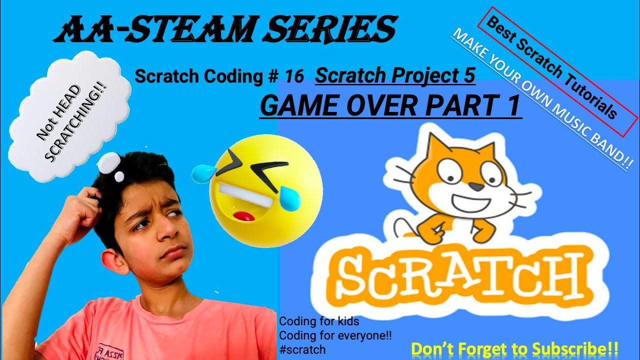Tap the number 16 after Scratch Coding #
tap(294, 76)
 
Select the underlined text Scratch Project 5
tap(395, 75)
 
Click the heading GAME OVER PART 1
tap(390, 106)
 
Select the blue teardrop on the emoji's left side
tap(202, 173)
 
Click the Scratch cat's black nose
tap(478, 186)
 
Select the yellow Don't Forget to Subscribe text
tap(514, 348)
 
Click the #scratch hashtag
tap(302, 349)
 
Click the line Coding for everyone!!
tap(335, 335)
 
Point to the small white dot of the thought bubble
tap(119, 176)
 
